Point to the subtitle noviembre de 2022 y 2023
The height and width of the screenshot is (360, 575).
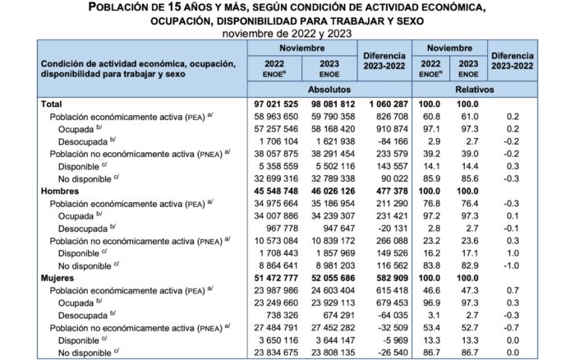click(287, 34)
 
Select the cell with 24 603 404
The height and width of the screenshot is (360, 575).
click(331, 292)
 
